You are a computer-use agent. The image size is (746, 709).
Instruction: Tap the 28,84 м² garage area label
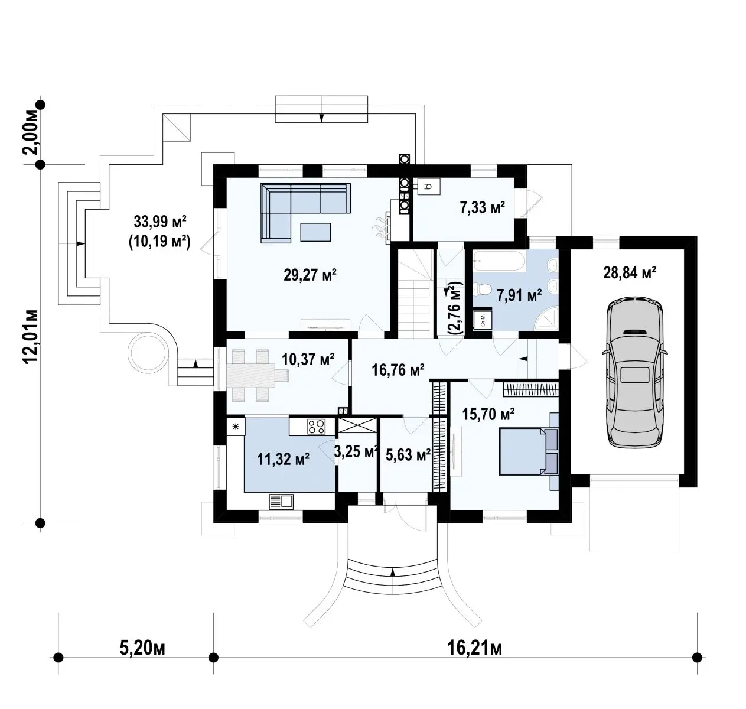click(630, 272)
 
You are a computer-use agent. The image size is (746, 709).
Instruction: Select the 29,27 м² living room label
click(310, 274)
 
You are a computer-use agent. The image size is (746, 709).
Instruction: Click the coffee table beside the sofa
click(315, 232)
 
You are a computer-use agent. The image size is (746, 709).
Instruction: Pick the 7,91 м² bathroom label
click(519, 295)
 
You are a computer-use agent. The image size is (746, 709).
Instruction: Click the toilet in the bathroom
click(482, 290)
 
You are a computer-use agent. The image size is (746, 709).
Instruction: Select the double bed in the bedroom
click(529, 451)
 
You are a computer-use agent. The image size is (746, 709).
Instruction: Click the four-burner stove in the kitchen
click(315, 426)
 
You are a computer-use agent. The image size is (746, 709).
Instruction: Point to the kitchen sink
click(281, 502)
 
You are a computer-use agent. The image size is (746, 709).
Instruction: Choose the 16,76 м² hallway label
click(398, 369)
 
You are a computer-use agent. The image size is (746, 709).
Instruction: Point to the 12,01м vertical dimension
click(31, 337)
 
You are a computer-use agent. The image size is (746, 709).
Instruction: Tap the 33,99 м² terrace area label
click(159, 222)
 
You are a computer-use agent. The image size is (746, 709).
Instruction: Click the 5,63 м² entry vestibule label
click(408, 455)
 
